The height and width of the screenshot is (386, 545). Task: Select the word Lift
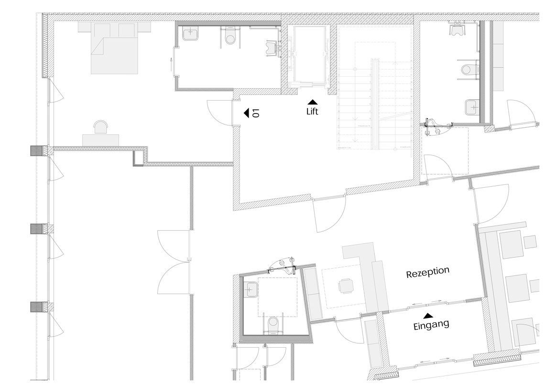[312, 112]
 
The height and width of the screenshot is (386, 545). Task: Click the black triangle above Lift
[313, 102]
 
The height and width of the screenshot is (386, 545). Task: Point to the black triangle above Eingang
[428, 316]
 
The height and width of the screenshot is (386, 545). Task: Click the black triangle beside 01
[247, 113]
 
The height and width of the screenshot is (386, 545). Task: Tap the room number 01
[256, 113]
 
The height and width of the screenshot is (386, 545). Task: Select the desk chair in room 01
[101, 126]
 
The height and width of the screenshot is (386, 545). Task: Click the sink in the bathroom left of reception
[252, 289]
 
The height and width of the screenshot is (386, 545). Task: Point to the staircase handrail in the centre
[375, 103]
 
